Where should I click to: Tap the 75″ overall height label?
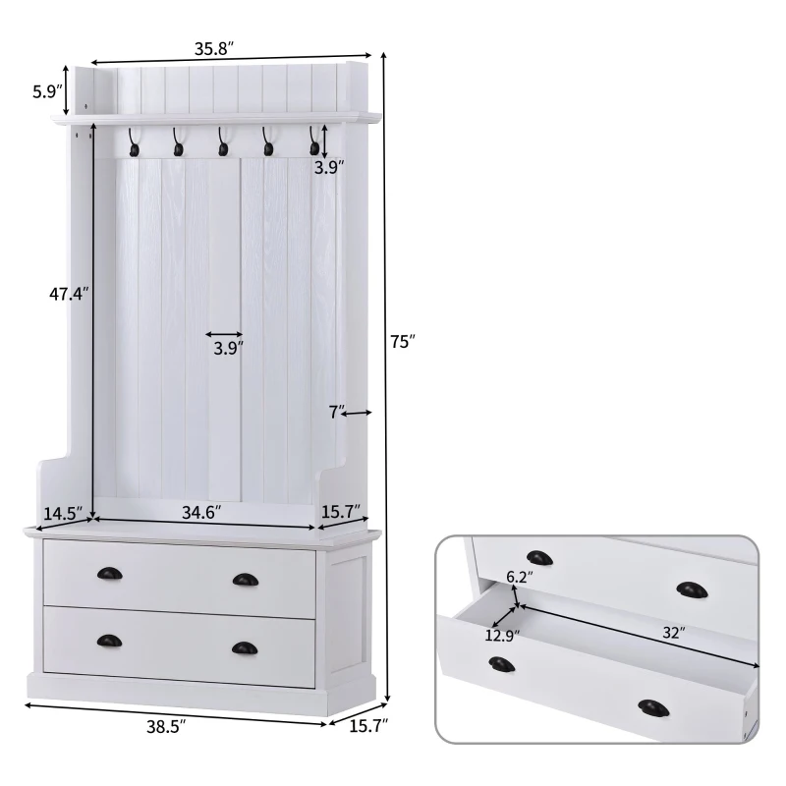(402, 342)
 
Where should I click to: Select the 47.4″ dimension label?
(69, 293)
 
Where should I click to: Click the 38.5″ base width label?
(166, 729)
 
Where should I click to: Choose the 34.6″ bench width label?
(202, 512)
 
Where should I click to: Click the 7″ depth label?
(337, 413)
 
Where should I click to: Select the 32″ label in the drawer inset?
(672, 634)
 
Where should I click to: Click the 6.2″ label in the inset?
(519, 577)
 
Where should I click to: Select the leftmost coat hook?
(131, 147)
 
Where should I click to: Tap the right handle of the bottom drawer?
(243, 646)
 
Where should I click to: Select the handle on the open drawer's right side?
(652, 707)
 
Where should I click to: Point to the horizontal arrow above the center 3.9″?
(226, 334)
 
